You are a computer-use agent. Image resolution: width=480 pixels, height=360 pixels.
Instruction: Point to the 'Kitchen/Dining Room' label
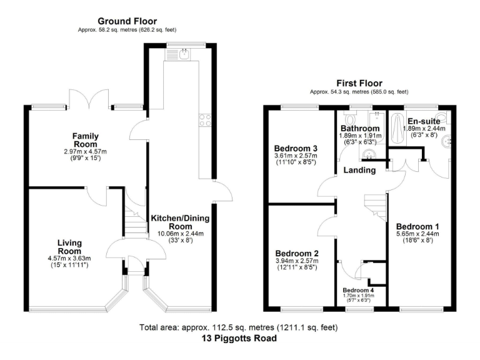pos(180,222)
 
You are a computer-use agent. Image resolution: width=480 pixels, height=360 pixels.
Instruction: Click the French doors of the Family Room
pos(89,101)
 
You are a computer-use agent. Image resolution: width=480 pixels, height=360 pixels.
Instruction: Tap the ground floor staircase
pos(134,222)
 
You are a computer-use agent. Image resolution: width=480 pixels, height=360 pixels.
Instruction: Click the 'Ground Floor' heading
pos(127,21)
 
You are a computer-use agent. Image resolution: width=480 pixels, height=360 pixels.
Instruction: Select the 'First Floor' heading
pos(359,83)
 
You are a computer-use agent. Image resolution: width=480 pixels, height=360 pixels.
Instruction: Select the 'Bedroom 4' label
pos(359,290)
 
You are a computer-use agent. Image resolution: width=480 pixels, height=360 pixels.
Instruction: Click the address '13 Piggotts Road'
pos(239,339)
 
